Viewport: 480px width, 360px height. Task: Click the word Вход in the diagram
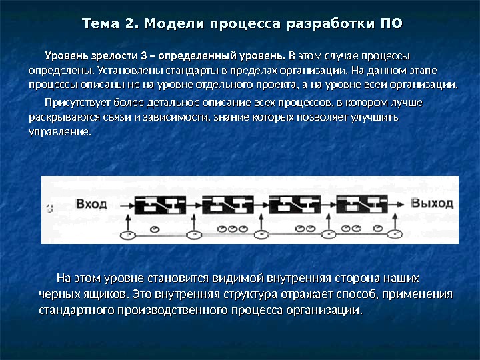click(x=91, y=203)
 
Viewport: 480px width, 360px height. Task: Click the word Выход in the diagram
click(x=431, y=203)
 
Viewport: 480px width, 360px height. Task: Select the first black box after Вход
click(x=161, y=203)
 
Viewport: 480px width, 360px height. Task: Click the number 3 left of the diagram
click(x=49, y=207)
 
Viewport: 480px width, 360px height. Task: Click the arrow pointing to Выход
click(x=399, y=203)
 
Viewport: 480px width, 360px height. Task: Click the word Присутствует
click(x=75, y=103)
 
